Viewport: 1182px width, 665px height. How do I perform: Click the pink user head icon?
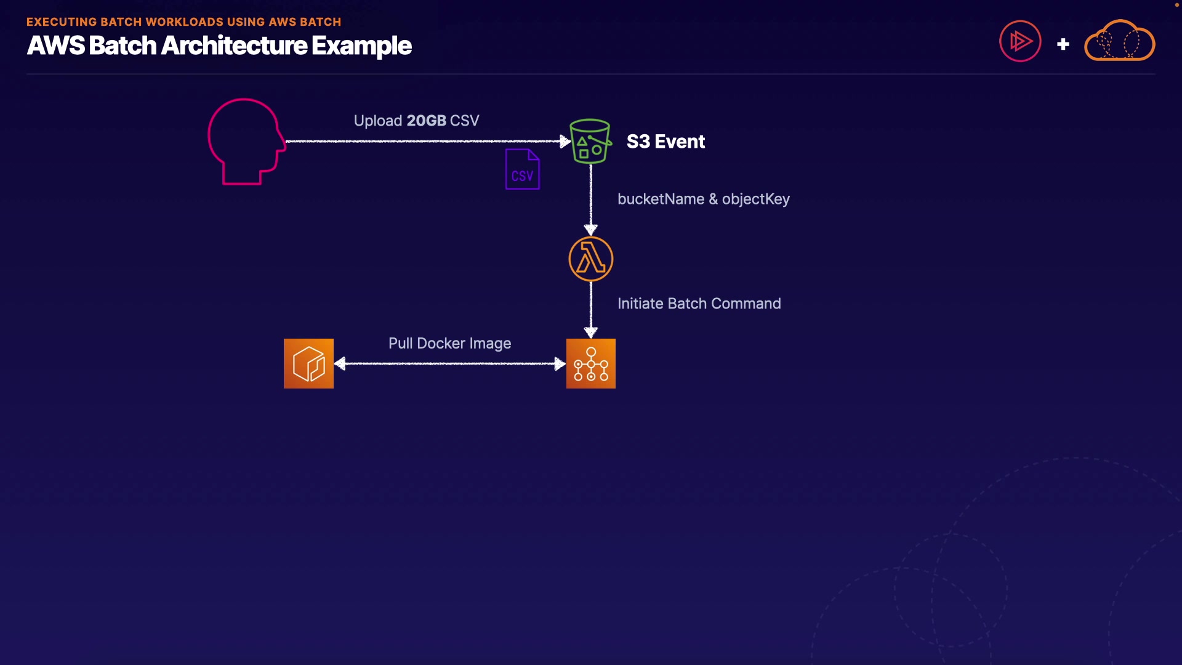click(x=246, y=141)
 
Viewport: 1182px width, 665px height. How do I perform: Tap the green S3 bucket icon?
click(x=590, y=141)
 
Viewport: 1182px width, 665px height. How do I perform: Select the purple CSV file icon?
click(x=522, y=169)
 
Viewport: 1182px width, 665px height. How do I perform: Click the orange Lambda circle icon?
click(x=590, y=259)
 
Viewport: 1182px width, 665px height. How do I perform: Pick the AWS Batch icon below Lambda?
click(x=590, y=363)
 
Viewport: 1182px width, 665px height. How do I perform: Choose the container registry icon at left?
click(x=308, y=363)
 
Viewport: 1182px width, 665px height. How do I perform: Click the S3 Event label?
click(x=665, y=142)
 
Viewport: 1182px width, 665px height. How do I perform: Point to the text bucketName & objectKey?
click(x=703, y=199)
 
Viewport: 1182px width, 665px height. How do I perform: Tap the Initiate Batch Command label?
click(x=699, y=304)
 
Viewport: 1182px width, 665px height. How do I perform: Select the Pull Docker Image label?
click(x=449, y=343)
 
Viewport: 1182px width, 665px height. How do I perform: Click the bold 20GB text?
click(x=426, y=121)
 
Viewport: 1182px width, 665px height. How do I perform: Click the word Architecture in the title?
click(x=234, y=46)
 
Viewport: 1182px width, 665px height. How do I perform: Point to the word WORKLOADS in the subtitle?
click(x=184, y=22)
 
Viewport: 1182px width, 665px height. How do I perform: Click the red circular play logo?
click(x=1020, y=41)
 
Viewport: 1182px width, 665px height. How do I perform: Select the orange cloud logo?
click(x=1119, y=41)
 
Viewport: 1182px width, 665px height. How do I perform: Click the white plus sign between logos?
click(x=1063, y=44)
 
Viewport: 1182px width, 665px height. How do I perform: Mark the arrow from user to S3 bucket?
click(x=425, y=141)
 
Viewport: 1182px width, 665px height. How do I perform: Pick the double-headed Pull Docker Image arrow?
click(x=449, y=364)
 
